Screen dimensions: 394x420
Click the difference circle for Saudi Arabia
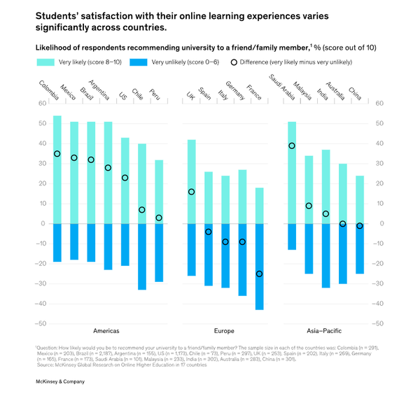(x=292, y=146)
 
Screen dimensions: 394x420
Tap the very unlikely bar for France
(x=259, y=267)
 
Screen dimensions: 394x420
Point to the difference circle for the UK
(x=191, y=192)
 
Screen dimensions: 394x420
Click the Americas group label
(x=106, y=330)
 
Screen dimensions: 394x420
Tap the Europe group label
(x=225, y=330)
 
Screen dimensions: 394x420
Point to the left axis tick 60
(x=41, y=104)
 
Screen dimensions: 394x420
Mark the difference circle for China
(x=360, y=226)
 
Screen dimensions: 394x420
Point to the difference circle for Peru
(x=159, y=218)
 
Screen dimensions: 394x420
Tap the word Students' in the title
(x=61, y=15)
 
